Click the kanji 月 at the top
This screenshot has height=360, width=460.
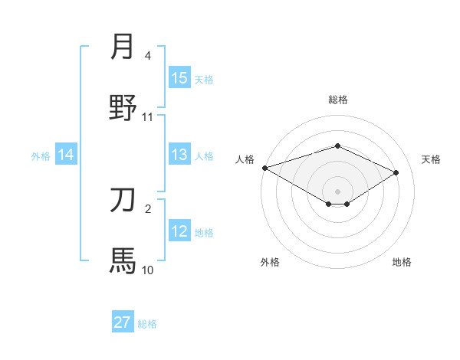(x=123, y=47)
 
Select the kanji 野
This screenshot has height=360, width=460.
(x=123, y=108)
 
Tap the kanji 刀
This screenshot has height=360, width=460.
(x=123, y=201)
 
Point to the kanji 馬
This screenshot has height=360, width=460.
(x=123, y=260)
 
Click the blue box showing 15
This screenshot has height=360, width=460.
(x=179, y=78)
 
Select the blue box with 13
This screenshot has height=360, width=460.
(x=179, y=155)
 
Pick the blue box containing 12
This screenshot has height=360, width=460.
(x=179, y=232)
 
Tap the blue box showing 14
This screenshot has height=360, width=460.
(x=66, y=155)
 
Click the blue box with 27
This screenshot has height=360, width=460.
(x=123, y=322)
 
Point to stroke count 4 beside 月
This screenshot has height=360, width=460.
(x=148, y=55)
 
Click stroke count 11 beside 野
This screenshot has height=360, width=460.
(x=148, y=116)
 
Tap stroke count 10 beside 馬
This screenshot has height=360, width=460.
(x=148, y=270)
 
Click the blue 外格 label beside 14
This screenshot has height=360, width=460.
(x=41, y=156)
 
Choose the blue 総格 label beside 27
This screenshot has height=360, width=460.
(x=147, y=324)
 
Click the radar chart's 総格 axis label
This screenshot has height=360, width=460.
(x=338, y=100)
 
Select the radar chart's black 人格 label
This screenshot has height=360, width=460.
(x=245, y=159)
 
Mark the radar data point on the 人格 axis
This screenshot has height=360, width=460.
(x=264, y=168)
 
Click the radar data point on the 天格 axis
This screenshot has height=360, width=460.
(x=396, y=172)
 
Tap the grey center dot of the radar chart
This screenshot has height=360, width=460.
(x=338, y=191)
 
